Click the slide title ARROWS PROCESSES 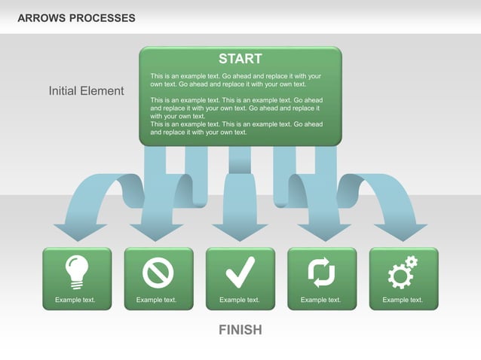pyautogui.click(x=76, y=17)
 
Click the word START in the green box pyautogui.click(x=240, y=59)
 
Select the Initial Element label pyautogui.click(x=86, y=91)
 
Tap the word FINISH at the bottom pyautogui.click(x=240, y=330)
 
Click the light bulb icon pyautogui.click(x=77, y=272)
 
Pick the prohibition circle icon pyautogui.click(x=158, y=273)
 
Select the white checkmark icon pyautogui.click(x=240, y=272)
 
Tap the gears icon pyautogui.click(x=402, y=273)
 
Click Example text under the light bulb pyautogui.click(x=75, y=300)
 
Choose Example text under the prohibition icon pyautogui.click(x=156, y=300)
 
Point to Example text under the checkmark pyautogui.click(x=239, y=300)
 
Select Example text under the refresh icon pyautogui.click(x=320, y=300)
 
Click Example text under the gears pyautogui.click(x=403, y=300)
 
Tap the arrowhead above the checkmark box pyautogui.click(x=240, y=231)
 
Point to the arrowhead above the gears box pyautogui.click(x=403, y=231)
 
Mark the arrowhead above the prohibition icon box pyautogui.click(x=157, y=231)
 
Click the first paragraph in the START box pyautogui.click(x=236, y=80)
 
